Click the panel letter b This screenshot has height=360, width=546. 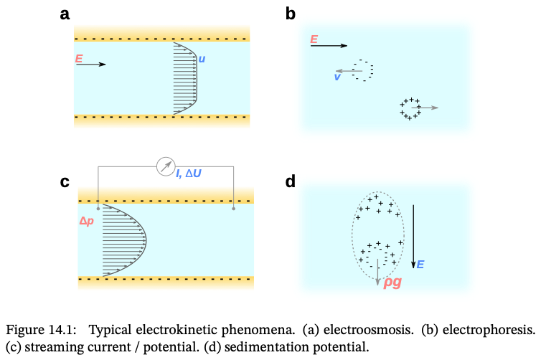(x=290, y=13)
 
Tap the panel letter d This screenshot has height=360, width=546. (x=290, y=181)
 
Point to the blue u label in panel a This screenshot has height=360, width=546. (x=202, y=59)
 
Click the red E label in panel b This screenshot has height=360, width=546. (x=314, y=39)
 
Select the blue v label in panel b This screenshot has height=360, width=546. (x=336, y=77)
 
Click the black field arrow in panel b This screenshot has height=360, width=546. (x=329, y=46)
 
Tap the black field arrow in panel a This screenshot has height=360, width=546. (x=90, y=65)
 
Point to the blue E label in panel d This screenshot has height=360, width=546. (x=420, y=265)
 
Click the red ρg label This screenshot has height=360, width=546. (x=392, y=281)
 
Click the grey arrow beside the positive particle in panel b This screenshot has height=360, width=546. (x=429, y=108)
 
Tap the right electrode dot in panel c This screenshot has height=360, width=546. (x=234, y=209)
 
